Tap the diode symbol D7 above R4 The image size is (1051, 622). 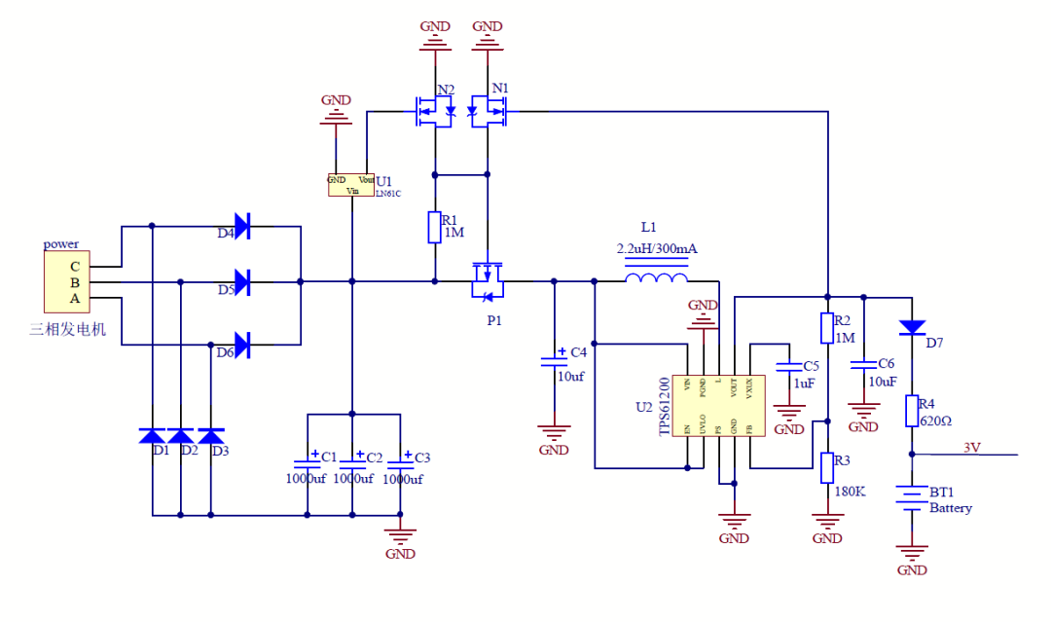tap(912, 326)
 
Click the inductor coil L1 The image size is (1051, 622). tap(659, 281)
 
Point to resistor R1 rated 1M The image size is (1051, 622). tap(435, 227)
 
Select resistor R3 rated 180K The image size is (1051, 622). tap(827, 468)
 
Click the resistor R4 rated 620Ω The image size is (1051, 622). tap(912, 411)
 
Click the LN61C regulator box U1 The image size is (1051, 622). tap(351, 185)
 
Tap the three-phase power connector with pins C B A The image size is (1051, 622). tap(67, 282)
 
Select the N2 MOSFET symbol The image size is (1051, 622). tap(434, 111)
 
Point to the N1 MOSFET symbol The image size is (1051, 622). tap(489, 111)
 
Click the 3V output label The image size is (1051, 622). tap(971, 448)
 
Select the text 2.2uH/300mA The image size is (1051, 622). tap(657, 249)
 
